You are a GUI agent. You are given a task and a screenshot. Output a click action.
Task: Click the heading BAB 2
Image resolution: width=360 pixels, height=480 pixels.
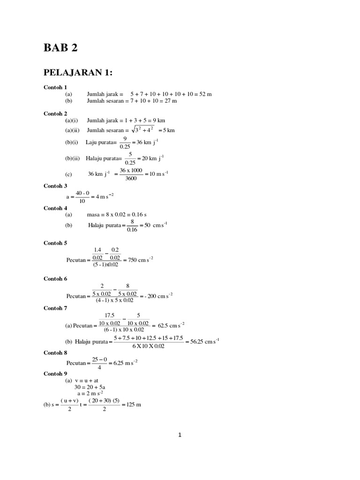point(60,47)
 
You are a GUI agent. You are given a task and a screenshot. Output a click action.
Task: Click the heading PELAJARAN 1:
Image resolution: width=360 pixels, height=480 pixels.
point(78,72)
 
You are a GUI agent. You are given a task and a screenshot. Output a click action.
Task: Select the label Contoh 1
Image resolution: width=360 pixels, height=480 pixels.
point(55,87)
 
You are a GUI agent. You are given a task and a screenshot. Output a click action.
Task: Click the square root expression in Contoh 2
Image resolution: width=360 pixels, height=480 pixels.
point(141,130)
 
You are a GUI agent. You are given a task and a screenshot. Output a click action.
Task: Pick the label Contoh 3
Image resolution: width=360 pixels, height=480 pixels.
point(55,186)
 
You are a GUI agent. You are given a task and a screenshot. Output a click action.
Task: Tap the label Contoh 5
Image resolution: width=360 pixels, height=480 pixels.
point(55,243)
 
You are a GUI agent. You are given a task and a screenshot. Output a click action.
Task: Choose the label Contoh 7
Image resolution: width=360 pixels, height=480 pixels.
point(55,308)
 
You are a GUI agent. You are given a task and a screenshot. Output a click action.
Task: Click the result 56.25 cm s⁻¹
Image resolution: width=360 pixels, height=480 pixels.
point(203,341)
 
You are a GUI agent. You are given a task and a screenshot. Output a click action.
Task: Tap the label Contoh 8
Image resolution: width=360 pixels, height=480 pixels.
point(55,352)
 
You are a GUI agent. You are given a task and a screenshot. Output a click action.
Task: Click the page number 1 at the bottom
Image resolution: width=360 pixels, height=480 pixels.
point(180,435)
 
